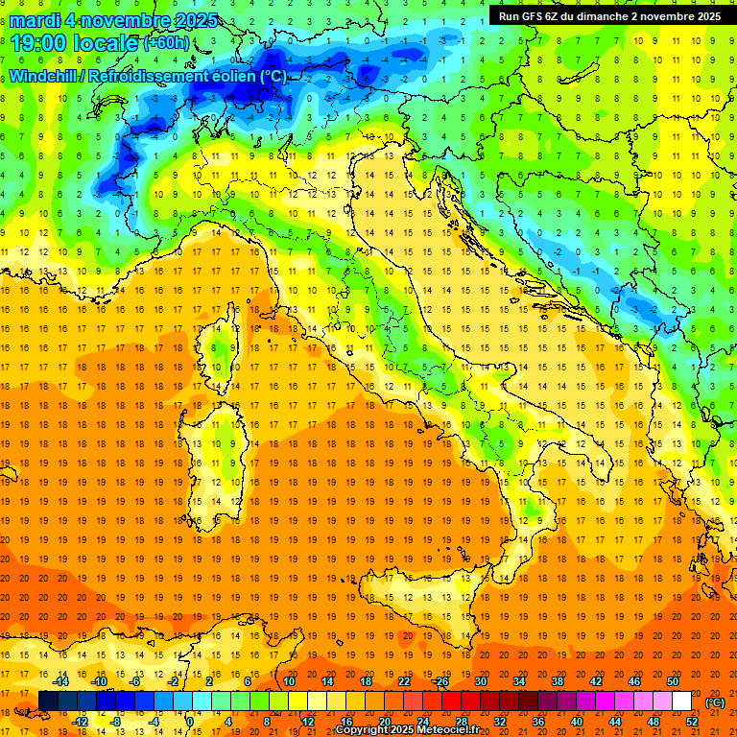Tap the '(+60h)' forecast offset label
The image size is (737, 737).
166,44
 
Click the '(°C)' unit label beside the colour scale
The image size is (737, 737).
715,702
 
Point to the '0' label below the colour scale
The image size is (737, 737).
190,722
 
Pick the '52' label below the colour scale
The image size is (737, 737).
692,722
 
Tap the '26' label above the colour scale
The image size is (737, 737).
441,681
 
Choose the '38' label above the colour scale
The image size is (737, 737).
558,681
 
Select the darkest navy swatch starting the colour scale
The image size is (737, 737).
48,701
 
